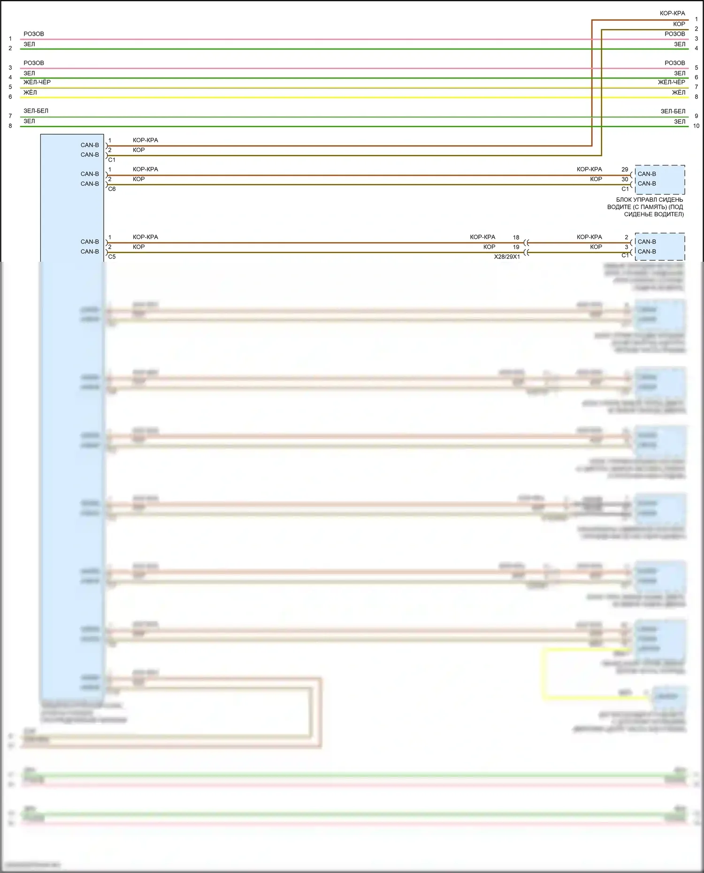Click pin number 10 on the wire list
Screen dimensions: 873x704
point(696,126)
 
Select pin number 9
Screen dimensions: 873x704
point(696,116)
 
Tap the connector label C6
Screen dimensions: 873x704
point(112,189)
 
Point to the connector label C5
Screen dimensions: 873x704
point(112,257)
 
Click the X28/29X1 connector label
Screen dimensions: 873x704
point(507,257)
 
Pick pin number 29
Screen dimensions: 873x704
point(625,169)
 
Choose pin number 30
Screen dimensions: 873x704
point(625,179)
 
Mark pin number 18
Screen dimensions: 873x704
point(516,237)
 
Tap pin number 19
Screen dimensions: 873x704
point(516,247)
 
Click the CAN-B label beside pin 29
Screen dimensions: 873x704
point(647,174)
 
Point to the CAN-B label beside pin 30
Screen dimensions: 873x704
point(647,184)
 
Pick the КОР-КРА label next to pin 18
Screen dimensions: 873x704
point(482,237)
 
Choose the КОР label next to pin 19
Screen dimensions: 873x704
point(489,247)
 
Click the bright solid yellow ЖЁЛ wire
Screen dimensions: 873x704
point(329,98)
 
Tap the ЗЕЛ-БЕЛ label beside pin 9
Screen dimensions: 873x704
point(673,111)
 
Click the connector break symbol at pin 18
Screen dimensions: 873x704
point(526,243)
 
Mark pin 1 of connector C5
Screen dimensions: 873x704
point(110,237)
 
